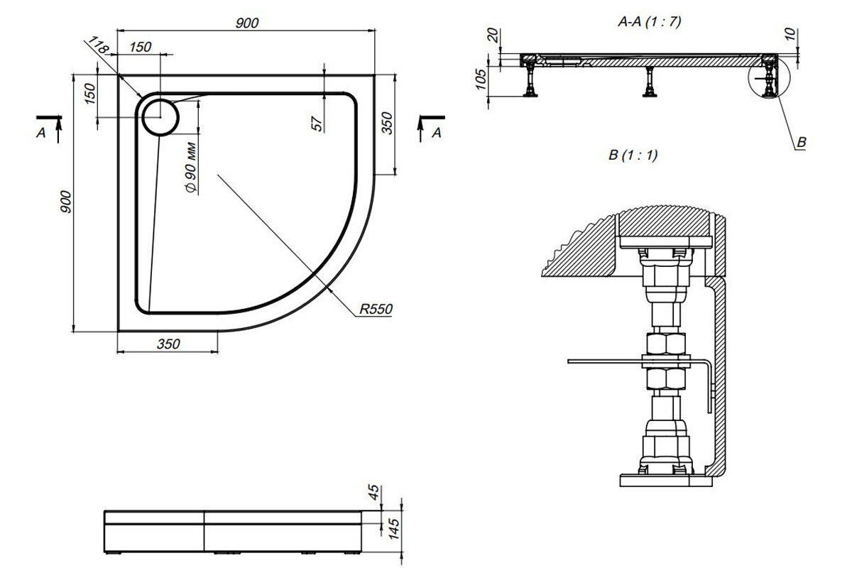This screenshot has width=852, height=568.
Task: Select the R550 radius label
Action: [x=376, y=309]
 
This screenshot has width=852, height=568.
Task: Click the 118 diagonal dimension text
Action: [x=99, y=45]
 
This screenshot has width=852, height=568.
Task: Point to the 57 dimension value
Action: [x=317, y=124]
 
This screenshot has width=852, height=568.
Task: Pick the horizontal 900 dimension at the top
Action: [x=247, y=23]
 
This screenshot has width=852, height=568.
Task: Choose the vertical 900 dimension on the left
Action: [x=66, y=202]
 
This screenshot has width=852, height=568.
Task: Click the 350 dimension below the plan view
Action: [x=168, y=344]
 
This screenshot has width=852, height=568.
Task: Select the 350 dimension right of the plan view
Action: [x=386, y=123]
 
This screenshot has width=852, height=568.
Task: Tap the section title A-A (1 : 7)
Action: [x=649, y=22]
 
